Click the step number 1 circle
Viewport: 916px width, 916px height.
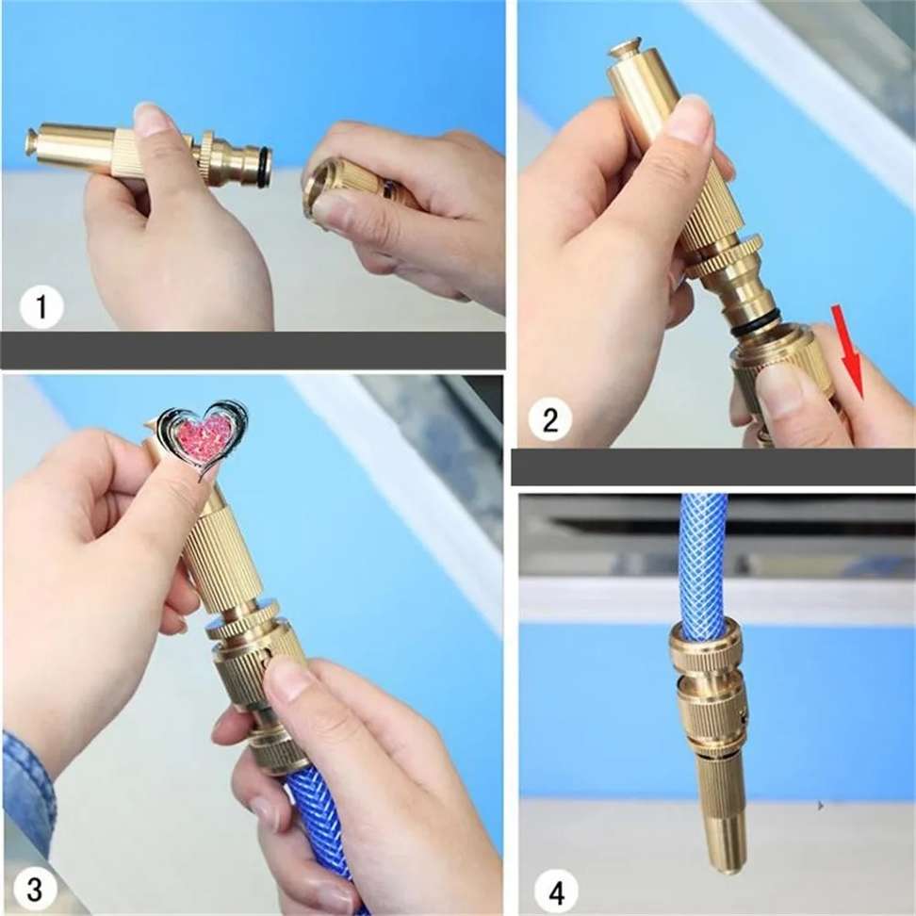click(x=41, y=306)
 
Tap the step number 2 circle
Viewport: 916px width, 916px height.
click(x=549, y=418)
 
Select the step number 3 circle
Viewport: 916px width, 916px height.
click(x=35, y=889)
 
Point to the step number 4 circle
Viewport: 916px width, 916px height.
click(x=557, y=893)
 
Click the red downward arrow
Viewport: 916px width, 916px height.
click(x=850, y=352)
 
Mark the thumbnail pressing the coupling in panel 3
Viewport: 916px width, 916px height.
click(x=287, y=679)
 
